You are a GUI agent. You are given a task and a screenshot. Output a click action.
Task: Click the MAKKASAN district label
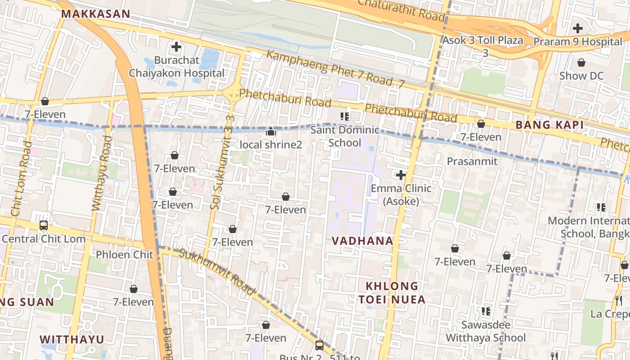pos(95,14)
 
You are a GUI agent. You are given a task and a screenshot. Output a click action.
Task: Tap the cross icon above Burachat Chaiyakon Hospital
pos(176,46)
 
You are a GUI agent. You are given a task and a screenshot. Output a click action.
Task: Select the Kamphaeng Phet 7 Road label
pos(335,69)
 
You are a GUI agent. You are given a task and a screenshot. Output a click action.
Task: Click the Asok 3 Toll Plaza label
pos(483,40)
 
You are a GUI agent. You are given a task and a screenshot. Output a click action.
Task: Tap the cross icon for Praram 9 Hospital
pos(577,28)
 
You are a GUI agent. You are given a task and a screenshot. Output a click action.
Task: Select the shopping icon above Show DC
pos(581,63)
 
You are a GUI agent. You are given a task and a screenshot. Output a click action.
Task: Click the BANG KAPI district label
pos(549,125)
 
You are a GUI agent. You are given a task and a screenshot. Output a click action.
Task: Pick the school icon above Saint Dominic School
pos(345,117)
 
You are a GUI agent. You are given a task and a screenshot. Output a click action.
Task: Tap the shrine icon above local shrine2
pos(270,131)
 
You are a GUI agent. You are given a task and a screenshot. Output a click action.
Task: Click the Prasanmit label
pos(472,161)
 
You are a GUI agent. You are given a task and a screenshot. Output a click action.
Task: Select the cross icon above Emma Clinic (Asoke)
pos(400,175)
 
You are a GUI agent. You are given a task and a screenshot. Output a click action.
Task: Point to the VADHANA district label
pos(362,241)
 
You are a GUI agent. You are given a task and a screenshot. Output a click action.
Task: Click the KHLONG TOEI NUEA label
pos(391,292)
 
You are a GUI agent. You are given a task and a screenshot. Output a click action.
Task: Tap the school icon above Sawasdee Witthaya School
pos(486,311)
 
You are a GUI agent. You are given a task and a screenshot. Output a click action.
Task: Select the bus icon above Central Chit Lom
pos(44,225)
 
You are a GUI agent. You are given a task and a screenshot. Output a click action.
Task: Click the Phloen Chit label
pos(124,255)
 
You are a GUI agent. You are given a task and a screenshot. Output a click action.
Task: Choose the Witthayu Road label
pos(101,173)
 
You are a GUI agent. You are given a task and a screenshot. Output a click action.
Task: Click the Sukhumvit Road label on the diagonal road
pos(217,271)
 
